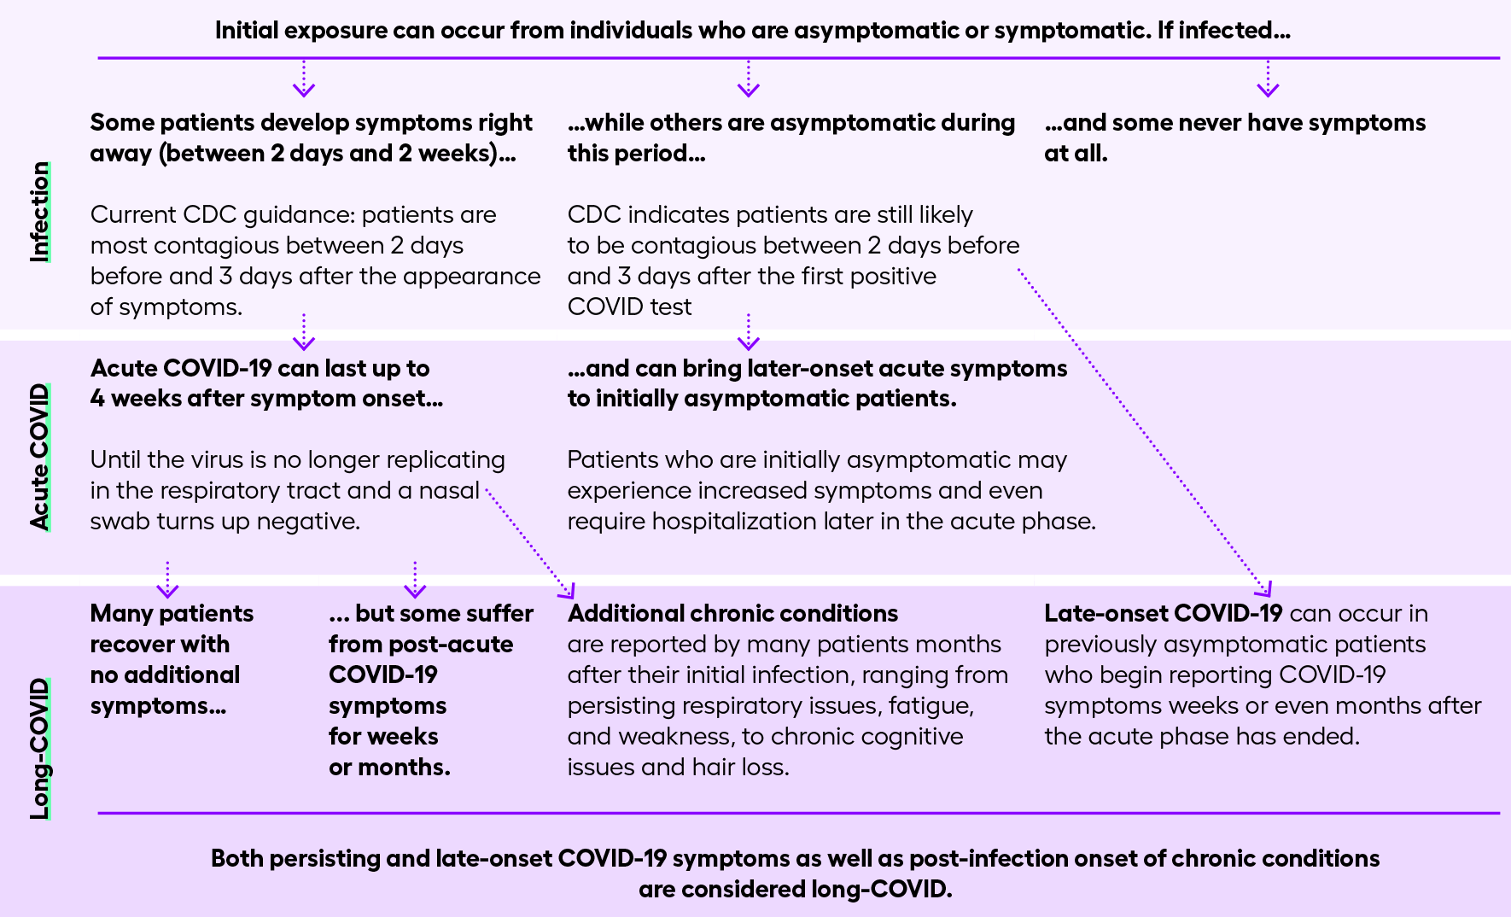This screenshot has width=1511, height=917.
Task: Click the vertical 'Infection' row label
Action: [x=39, y=212]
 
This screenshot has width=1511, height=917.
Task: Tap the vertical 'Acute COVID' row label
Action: [x=39, y=457]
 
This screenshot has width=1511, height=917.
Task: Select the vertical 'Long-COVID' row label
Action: [x=39, y=749]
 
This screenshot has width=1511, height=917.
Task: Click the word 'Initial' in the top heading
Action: [x=247, y=31]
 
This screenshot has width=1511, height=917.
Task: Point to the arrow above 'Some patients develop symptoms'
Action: [x=304, y=79]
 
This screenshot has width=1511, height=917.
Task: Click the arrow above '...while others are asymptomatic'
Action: [x=749, y=79]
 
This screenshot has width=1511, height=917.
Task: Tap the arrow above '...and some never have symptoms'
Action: [x=1268, y=79]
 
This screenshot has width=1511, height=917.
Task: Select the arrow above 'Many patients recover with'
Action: [x=167, y=581]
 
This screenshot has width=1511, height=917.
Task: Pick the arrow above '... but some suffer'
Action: [x=415, y=581]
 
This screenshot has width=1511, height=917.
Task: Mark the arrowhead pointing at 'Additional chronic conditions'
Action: [x=568, y=591]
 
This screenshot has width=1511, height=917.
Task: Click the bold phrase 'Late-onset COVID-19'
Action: [x=1163, y=613]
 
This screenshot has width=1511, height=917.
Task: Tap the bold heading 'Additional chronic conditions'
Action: [x=732, y=613]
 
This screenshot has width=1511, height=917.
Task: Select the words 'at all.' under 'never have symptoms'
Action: [x=1076, y=154]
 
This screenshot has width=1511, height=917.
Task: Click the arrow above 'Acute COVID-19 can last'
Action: [x=304, y=333]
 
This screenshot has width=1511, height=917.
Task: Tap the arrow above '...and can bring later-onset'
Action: [x=749, y=333]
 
